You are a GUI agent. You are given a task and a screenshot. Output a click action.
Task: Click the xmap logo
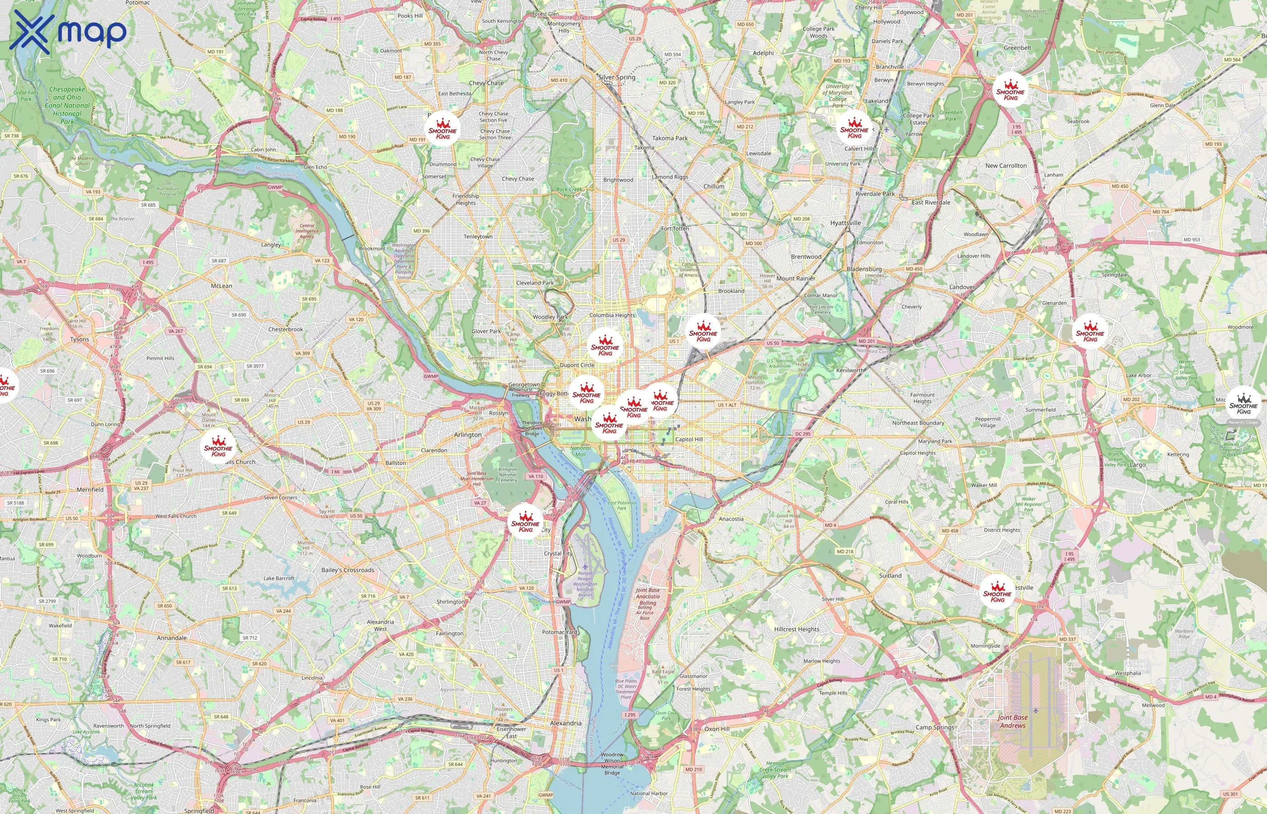pyautogui.click(x=68, y=31)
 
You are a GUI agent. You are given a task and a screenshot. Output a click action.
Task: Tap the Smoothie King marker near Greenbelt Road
pyautogui.click(x=1010, y=90)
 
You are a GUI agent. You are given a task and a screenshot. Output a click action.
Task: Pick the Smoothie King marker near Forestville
pyautogui.click(x=997, y=592)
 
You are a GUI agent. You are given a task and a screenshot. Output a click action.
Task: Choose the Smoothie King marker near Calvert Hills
pyautogui.click(x=854, y=128)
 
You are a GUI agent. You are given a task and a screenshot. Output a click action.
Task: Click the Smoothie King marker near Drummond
pyautogui.click(x=443, y=129)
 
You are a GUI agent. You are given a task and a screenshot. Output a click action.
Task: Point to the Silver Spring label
pyautogui.click(x=617, y=77)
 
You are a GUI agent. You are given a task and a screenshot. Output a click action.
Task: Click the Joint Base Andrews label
pyautogui.click(x=1012, y=721)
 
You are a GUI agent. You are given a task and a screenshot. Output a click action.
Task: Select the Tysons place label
pyautogui.click(x=80, y=339)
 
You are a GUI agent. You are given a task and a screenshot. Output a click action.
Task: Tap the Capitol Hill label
pyautogui.click(x=689, y=439)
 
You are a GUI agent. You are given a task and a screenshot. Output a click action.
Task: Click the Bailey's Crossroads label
pyautogui.click(x=348, y=570)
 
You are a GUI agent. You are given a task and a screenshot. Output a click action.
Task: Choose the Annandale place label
pyautogui.click(x=172, y=638)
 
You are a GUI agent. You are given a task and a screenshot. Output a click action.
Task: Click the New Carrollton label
pyautogui.click(x=1006, y=166)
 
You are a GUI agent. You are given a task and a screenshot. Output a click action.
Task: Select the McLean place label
pyautogui.click(x=222, y=286)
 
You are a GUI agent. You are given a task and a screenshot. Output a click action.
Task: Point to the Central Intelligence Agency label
pyautogui.click(x=307, y=231)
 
